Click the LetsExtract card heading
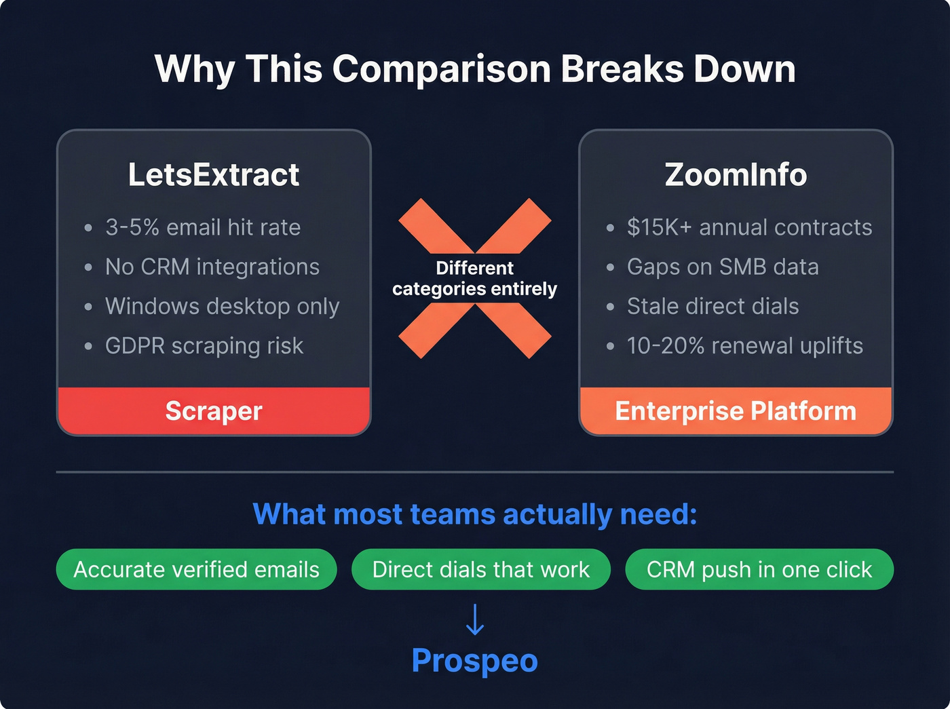(214, 175)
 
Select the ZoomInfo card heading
(736, 175)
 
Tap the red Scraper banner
(214, 411)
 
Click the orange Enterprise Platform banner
(736, 411)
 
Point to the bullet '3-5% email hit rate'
(202, 227)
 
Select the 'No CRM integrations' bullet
(212, 267)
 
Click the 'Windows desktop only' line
(222, 306)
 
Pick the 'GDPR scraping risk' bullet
(204, 345)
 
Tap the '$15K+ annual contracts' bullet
(749, 227)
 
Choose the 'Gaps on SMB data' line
(723, 267)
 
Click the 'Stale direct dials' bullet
(712, 306)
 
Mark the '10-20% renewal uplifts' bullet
(744, 345)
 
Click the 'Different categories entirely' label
(474, 278)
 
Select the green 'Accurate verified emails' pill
(196, 569)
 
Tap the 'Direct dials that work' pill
(481, 569)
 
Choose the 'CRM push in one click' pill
(759, 569)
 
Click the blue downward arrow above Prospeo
(475, 619)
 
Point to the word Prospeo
(474, 661)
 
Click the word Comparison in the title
(441, 69)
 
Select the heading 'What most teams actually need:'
(474, 514)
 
